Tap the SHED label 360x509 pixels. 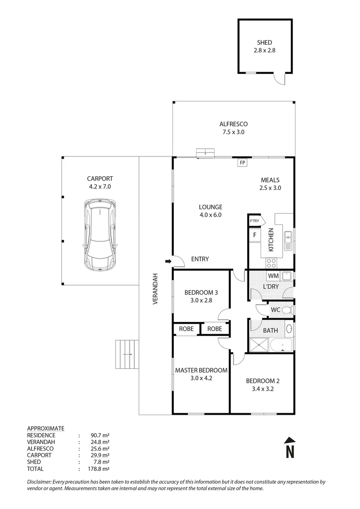click(265, 42)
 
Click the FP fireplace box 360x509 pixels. click(243, 163)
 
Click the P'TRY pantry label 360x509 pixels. click(254, 221)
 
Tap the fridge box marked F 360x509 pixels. click(255, 235)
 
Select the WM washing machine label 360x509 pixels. click(272, 275)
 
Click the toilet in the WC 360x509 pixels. click(288, 310)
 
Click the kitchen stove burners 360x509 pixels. click(271, 262)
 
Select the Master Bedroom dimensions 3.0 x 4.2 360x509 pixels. click(201, 378)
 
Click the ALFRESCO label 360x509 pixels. click(234, 124)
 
